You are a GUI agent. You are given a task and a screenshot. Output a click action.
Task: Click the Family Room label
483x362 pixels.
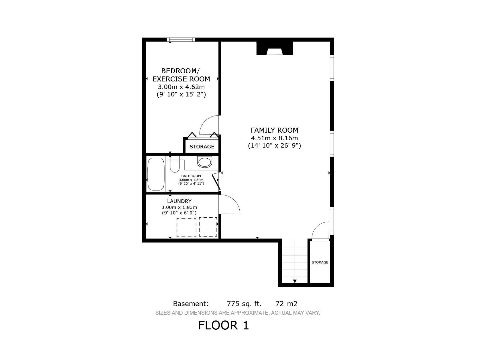pos(274,130)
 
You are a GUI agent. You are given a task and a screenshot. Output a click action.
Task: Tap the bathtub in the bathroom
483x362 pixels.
pos(156,174)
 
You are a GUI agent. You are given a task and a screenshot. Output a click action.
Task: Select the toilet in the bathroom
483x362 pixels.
pos(174,165)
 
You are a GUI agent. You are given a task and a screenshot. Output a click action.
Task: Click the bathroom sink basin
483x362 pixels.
pos(205,162)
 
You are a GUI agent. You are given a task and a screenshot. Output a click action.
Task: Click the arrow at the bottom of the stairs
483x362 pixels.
pos(295,281)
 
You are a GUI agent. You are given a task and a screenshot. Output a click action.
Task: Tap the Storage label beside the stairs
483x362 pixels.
pos(320,262)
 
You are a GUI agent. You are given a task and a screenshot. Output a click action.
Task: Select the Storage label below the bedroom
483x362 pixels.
pos(202,147)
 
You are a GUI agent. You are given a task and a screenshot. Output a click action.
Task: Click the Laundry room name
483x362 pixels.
pos(179,201)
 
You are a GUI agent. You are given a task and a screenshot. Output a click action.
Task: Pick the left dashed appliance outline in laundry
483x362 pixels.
pos(186,227)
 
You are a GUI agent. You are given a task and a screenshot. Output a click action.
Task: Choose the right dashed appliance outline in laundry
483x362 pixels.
pos(208,227)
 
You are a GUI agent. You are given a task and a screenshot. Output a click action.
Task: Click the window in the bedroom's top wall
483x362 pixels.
pos(181,40)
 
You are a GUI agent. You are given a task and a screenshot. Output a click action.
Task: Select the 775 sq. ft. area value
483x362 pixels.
pos(244,303)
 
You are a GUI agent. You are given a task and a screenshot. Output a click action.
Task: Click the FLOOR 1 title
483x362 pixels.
pos(223,325)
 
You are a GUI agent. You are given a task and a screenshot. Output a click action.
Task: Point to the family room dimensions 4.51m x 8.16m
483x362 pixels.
pos(274,138)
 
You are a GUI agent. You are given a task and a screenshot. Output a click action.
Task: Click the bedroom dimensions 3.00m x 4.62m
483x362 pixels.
pos(181,87)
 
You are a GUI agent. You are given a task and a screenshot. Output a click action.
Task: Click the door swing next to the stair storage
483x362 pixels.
pos(320,231)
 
